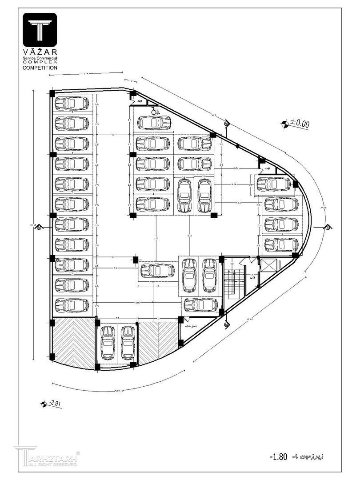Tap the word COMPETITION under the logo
point(40,68)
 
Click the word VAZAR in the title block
point(40,53)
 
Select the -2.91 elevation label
point(54,404)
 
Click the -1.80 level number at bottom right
point(279,456)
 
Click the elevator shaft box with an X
point(269,266)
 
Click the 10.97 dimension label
point(137,303)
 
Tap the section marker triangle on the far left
point(40,227)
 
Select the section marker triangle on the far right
point(328,227)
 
